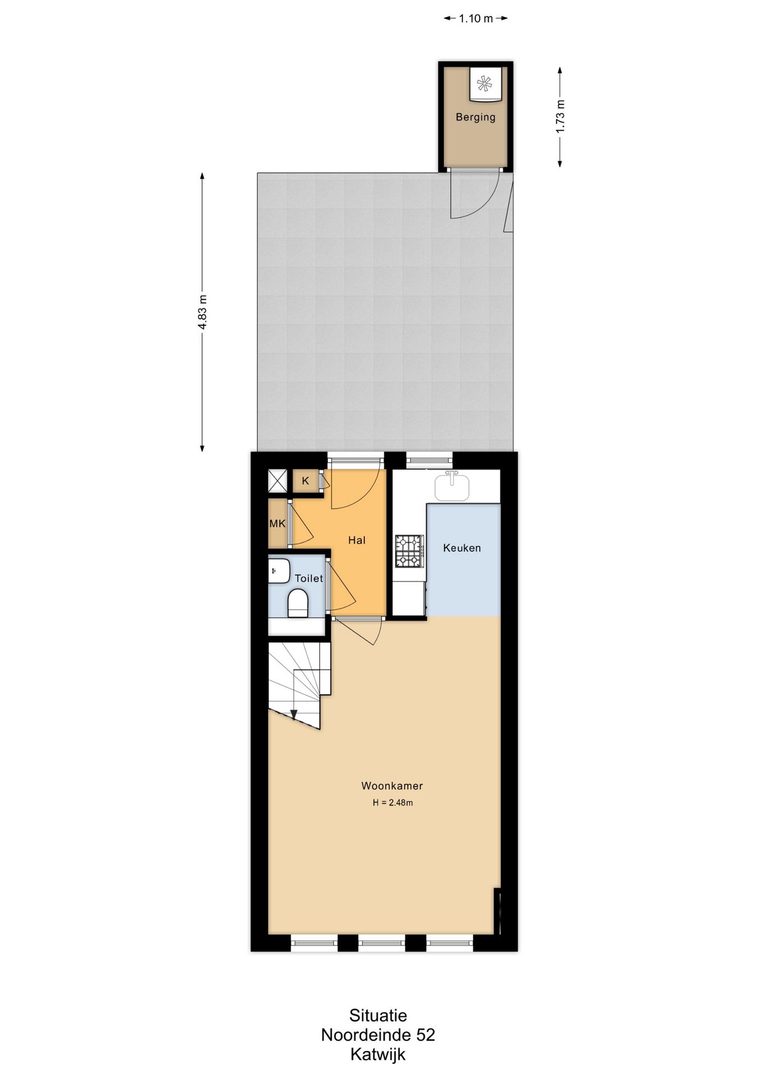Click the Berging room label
tap(475, 117)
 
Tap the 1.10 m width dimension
tap(476, 19)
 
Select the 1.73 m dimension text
tap(560, 116)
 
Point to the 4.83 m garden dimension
tap(203, 313)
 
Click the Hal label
tap(356, 540)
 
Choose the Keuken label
tap(462, 548)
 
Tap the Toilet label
tap(309, 578)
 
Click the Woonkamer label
tap(392, 786)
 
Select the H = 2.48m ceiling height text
tap(393, 803)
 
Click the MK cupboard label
tap(278, 524)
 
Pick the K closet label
tap(305, 481)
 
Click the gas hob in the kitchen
tap(408, 551)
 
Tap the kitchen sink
tap(452, 487)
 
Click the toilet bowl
tap(298, 603)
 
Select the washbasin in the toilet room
tap(278, 571)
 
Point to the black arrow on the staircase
tap(293, 714)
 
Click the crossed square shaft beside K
tap(277, 481)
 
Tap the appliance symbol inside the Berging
tap(483, 85)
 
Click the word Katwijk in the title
tap(378, 1054)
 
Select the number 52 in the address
tap(425, 1034)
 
